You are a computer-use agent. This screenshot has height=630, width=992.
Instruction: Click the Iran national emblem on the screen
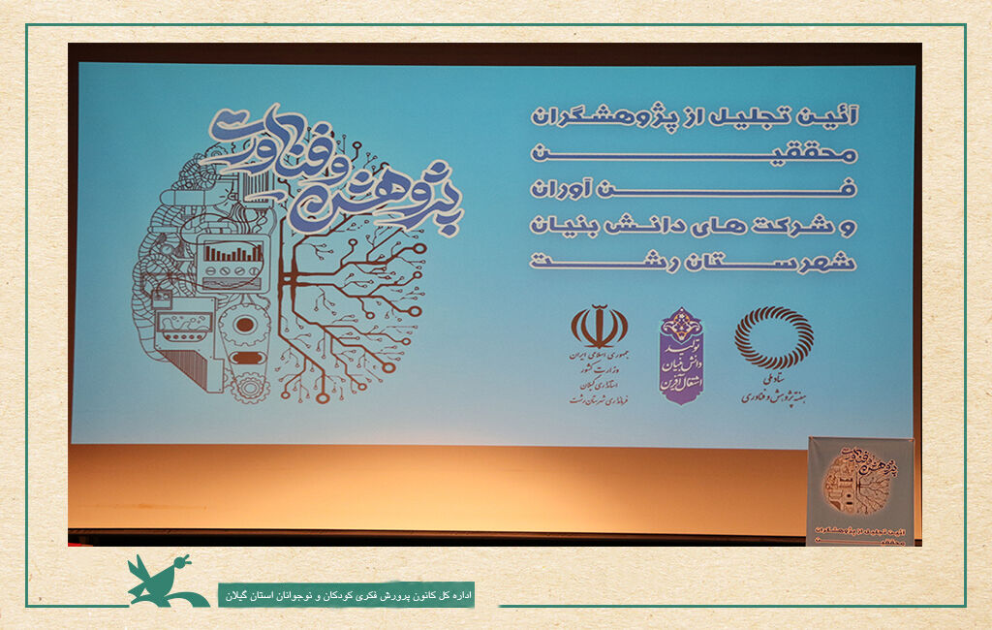point(599,328)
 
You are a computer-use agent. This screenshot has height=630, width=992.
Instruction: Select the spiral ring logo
point(774,337)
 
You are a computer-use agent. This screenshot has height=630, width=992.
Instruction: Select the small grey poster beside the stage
point(859,490)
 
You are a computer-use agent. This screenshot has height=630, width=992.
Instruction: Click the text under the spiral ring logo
point(774,391)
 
